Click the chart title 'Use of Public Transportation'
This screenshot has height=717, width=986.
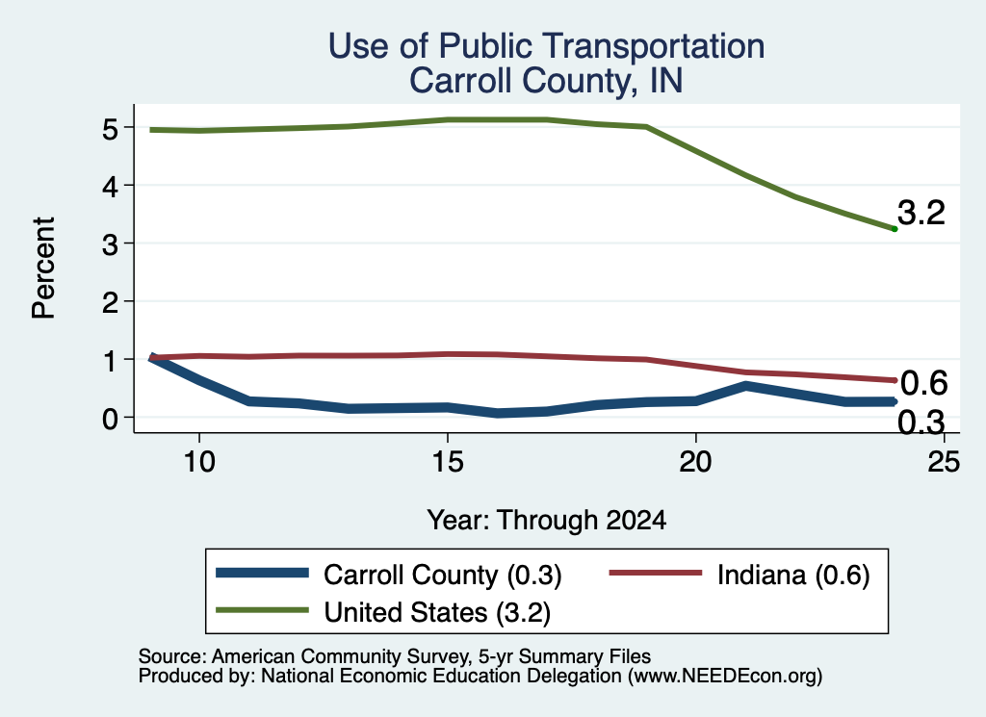[x=547, y=46]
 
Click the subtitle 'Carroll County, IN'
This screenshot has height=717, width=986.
[x=546, y=81]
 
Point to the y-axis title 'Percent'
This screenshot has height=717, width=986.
[x=43, y=268]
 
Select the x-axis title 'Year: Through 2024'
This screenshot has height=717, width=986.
[x=547, y=521]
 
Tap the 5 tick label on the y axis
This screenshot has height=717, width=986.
[x=110, y=130]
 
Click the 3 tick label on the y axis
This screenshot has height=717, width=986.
[x=110, y=244]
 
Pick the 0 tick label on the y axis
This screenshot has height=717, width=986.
[x=110, y=419]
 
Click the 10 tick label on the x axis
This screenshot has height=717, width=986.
[x=199, y=463]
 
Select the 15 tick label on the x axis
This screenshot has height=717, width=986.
[x=448, y=463]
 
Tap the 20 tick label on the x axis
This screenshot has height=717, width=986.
[x=695, y=463]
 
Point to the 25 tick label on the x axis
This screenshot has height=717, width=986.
[x=944, y=463]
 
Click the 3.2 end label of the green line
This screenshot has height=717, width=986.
[x=921, y=213]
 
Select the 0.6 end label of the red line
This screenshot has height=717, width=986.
[x=923, y=383]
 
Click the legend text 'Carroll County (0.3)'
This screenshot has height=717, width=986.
[x=442, y=576]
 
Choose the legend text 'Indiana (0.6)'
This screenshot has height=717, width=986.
[x=793, y=576]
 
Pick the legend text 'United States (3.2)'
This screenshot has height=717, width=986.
[x=437, y=613]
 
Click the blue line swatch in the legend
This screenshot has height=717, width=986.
[x=262, y=573]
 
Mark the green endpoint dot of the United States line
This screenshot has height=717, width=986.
[x=895, y=229]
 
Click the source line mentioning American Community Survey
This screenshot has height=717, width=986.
[x=394, y=656]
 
